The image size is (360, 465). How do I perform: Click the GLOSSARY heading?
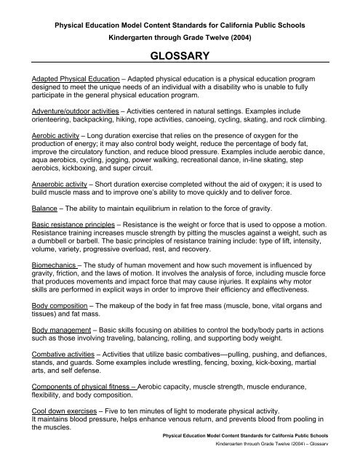(x=180, y=54)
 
